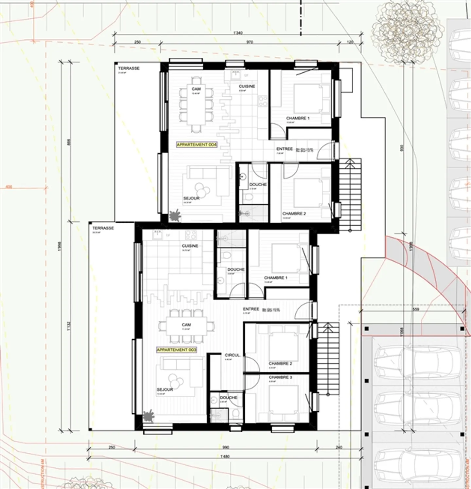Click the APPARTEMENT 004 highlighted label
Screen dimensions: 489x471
[197, 145]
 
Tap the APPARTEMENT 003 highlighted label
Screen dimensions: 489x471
[177, 350]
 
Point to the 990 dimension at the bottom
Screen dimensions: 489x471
[225, 447]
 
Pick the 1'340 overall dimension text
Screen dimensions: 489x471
[238, 33]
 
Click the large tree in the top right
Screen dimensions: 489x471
[408, 33]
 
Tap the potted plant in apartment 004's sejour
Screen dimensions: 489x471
[175, 216]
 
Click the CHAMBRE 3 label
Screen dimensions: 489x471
[280, 377]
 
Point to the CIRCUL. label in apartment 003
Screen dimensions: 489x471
[233, 355]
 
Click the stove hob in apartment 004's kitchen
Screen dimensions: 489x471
[263, 101]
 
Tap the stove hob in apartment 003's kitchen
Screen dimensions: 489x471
[191, 235]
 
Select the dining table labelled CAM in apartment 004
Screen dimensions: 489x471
[196, 104]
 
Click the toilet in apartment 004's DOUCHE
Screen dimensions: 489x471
[249, 197]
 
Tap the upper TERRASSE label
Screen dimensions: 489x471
[129, 68]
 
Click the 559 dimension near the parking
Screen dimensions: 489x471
[416, 309]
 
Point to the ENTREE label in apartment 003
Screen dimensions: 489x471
[251, 309]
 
